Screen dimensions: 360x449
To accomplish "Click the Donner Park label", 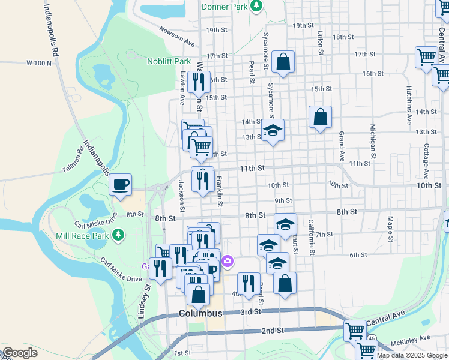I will click(225, 6).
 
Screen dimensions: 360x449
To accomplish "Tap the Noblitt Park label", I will click(169, 61).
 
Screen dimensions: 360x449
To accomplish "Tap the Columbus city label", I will click(201, 314).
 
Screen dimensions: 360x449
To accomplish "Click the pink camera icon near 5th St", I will click(228, 260).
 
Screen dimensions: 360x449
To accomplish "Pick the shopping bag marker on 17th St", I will click(282, 61).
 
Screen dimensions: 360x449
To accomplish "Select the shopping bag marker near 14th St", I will click(321, 116).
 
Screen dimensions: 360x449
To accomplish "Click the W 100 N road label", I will click(39, 63).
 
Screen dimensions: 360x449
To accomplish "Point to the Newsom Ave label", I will click(178, 37).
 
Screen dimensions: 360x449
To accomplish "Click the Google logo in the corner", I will click(20, 353).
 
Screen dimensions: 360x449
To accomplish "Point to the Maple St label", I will click(391, 226).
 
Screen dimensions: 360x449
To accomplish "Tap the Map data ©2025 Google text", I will click(412, 355).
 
